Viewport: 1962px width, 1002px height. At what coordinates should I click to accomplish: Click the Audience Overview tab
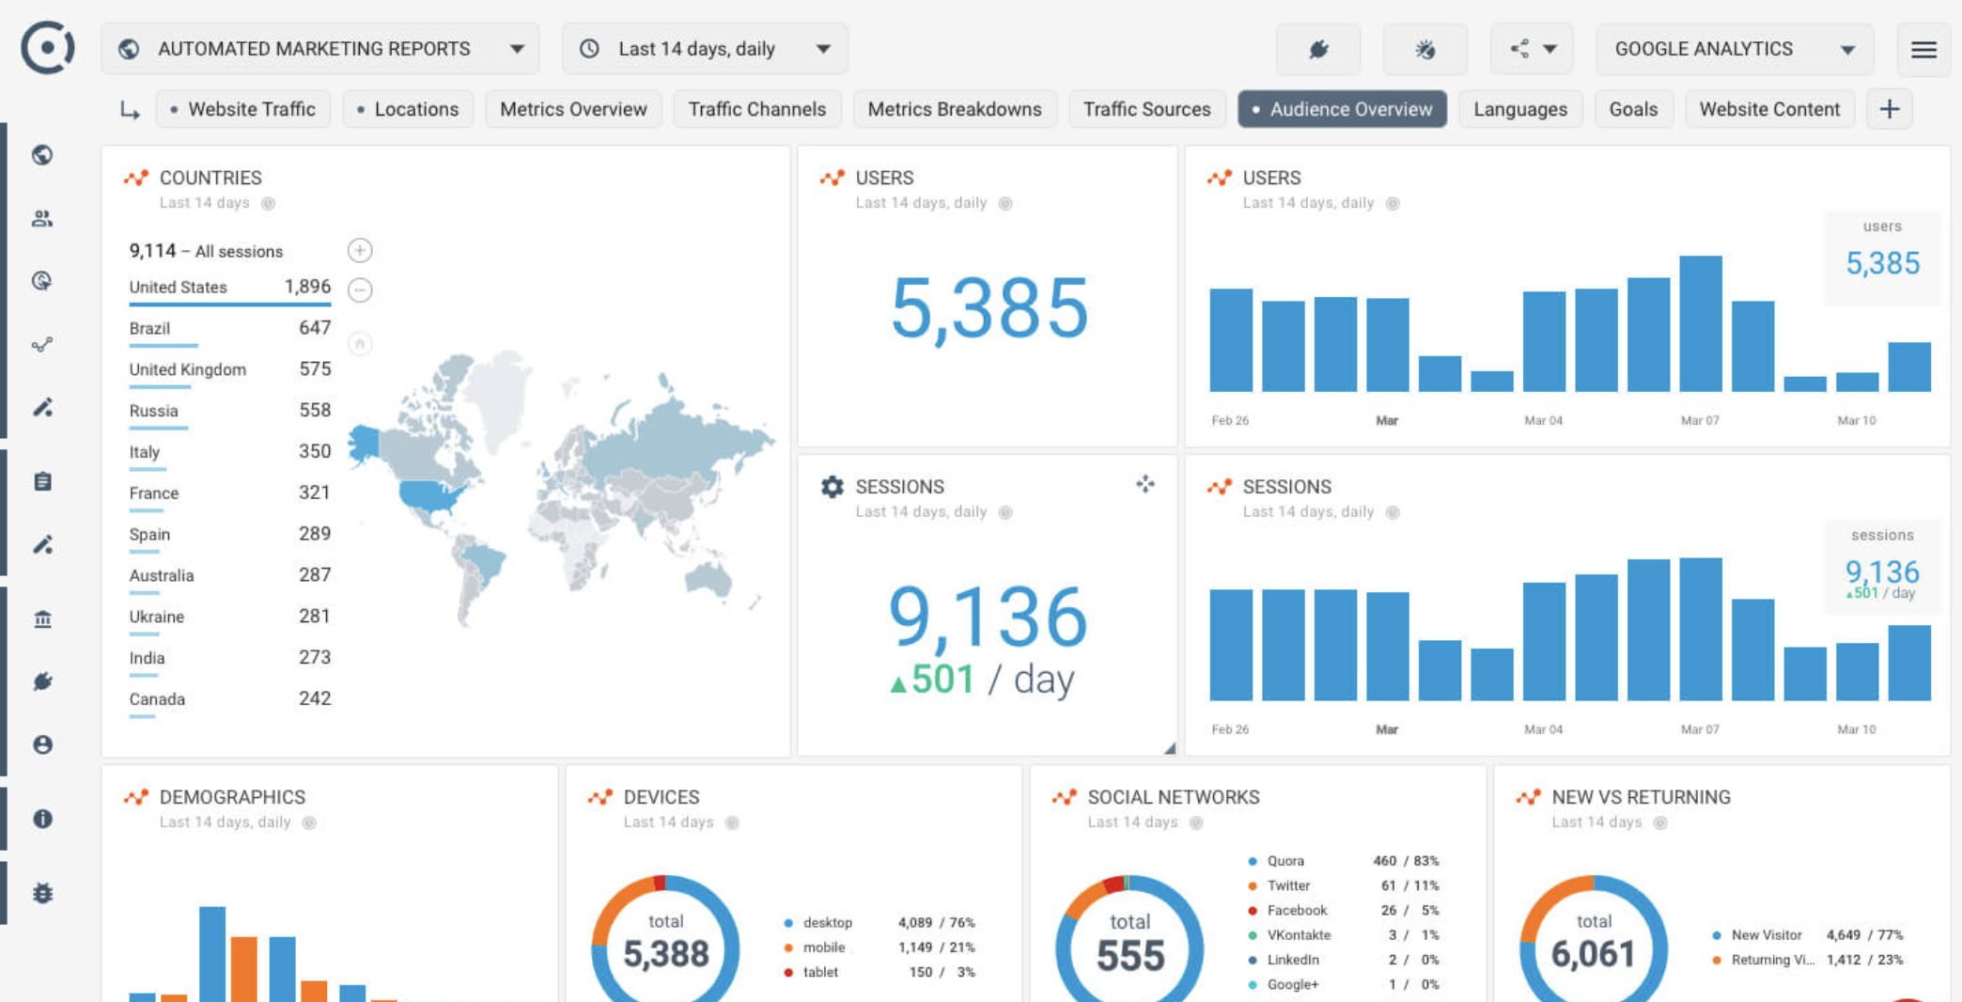coord(1342,109)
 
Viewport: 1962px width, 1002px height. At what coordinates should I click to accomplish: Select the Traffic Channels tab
coord(756,109)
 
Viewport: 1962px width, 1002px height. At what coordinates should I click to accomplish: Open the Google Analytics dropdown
coord(1734,49)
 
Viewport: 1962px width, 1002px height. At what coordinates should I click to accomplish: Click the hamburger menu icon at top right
coord(1923,49)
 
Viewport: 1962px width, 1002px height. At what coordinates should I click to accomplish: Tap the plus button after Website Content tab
coord(1889,109)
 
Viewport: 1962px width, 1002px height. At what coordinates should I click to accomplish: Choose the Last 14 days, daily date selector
coord(705,49)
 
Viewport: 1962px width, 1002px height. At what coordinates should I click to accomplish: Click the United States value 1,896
coord(307,287)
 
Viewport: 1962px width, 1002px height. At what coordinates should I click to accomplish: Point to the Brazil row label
coord(149,328)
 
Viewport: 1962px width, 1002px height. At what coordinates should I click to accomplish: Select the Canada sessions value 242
coord(314,698)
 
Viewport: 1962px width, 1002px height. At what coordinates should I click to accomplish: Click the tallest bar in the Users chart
coord(1700,323)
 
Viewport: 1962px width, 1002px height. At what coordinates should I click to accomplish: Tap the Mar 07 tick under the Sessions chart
coord(1699,729)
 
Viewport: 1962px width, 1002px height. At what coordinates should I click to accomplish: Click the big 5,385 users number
coord(989,308)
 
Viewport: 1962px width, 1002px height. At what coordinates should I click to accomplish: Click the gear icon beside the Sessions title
coord(832,486)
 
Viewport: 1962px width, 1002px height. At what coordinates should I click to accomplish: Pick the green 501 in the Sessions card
coord(942,679)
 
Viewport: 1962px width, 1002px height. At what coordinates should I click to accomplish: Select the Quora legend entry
coord(1285,861)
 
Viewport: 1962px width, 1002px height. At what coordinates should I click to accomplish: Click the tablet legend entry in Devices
coord(819,972)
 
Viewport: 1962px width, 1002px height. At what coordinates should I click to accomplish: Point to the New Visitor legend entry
coord(1766,935)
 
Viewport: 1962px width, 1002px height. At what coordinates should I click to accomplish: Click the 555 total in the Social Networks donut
coord(1129,956)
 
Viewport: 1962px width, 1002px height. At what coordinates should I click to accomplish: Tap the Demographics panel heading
coord(232,797)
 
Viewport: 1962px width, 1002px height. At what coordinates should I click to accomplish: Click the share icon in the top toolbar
coord(1519,49)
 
